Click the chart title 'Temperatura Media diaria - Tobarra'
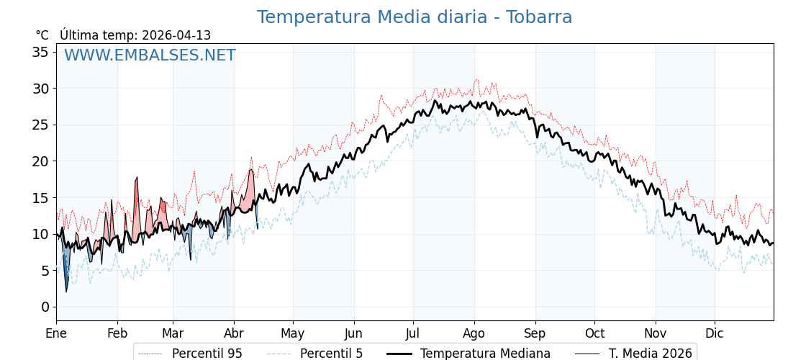(x=415, y=17)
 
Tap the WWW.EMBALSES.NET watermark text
(x=150, y=55)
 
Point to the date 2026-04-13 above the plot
(x=176, y=35)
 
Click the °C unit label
(x=42, y=35)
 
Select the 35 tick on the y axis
(x=40, y=52)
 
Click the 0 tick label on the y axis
(x=45, y=307)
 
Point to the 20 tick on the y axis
(x=40, y=161)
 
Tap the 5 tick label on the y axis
(x=45, y=271)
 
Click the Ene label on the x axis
(x=56, y=333)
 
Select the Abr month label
(x=234, y=333)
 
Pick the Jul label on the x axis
(x=413, y=333)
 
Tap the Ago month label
(x=474, y=333)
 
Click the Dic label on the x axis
(x=715, y=333)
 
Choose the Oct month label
(x=594, y=333)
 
